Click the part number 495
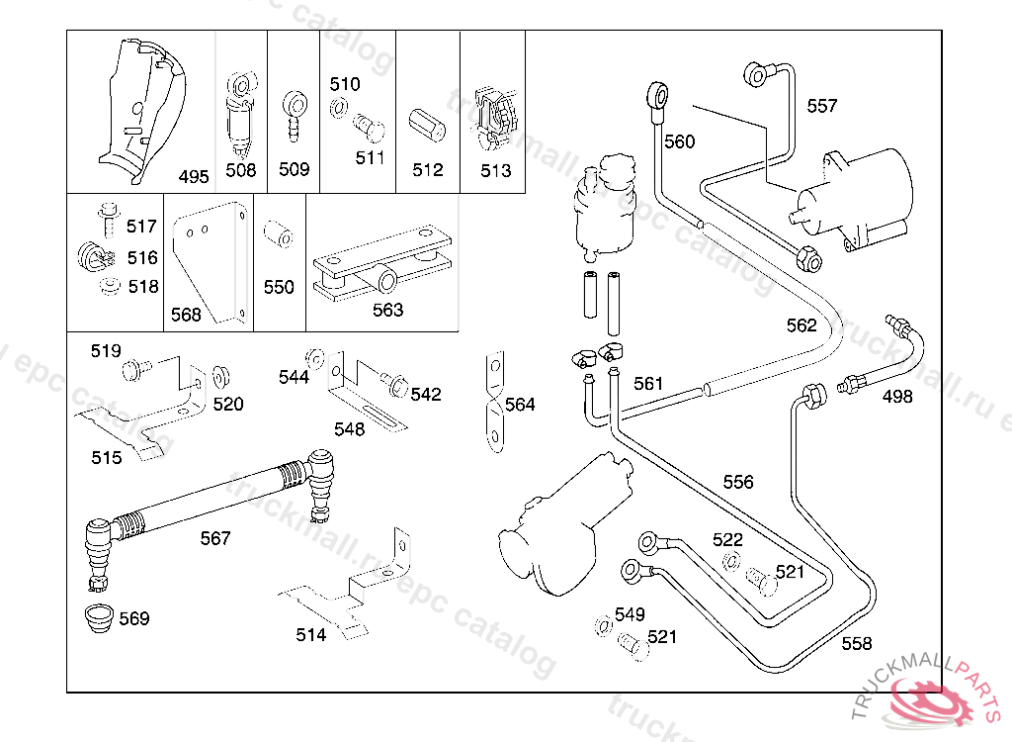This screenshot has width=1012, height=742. click(194, 177)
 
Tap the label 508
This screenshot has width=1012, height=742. click(241, 170)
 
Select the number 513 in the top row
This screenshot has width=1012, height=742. click(496, 170)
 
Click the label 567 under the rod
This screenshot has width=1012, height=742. click(215, 538)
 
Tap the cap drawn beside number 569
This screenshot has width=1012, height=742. click(98, 617)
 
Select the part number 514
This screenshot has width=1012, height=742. click(311, 635)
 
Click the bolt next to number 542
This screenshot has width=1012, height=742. click(395, 382)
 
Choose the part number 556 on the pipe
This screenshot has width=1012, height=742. click(738, 482)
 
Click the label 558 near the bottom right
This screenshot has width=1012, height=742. click(857, 644)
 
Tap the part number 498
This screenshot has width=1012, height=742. click(897, 397)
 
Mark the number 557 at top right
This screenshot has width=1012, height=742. click(822, 106)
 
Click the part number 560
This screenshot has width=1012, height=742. click(679, 141)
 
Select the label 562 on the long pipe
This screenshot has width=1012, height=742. click(801, 325)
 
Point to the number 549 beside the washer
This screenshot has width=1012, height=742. click(630, 615)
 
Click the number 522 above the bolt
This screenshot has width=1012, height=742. click(727, 539)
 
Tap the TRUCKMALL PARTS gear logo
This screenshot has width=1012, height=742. click(929, 704)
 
